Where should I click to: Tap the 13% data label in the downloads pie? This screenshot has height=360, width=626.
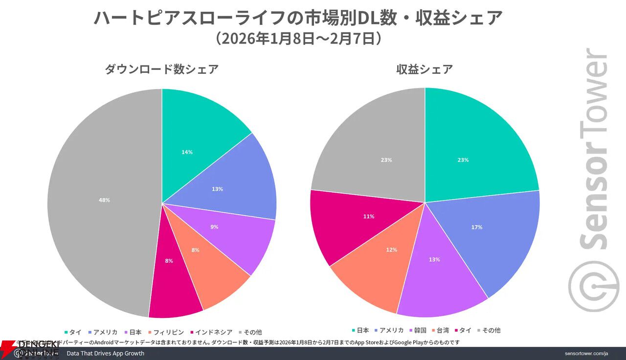click(218, 189)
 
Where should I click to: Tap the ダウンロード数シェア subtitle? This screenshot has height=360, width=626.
click(161, 69)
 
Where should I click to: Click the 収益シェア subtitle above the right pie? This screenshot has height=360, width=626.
click(425, 69)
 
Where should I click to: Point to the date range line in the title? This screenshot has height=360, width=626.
click(298, 39)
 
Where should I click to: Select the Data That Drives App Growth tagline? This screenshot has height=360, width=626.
click(105, 353)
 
